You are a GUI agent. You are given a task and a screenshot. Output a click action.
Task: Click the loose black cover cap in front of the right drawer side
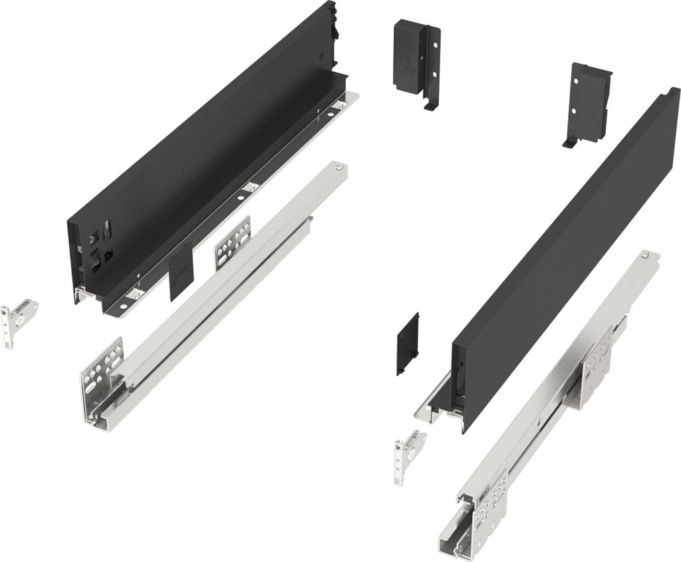(408, 343)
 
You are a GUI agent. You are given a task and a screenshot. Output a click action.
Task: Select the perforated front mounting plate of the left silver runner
(102, 376)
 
